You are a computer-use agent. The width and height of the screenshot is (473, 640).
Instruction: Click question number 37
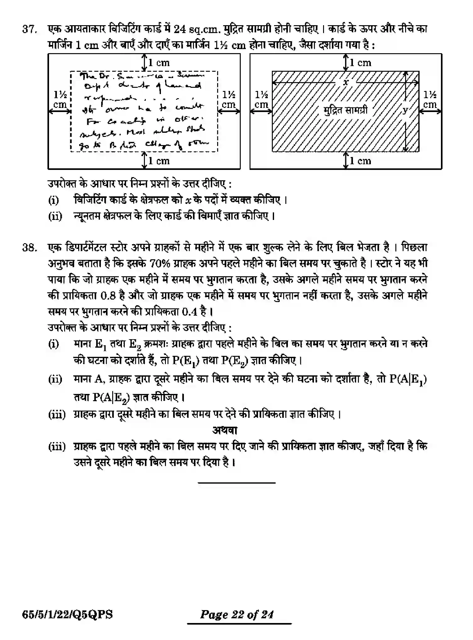(x=29, y=30)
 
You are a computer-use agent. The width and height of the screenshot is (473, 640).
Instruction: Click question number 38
(x=29, y=248)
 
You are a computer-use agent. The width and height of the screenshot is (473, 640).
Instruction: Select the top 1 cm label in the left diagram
(x=159, y=63)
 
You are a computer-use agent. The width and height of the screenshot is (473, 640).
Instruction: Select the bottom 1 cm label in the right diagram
(x=360, y=161)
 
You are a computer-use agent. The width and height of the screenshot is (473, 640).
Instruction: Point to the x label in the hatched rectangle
(x=346, y=82)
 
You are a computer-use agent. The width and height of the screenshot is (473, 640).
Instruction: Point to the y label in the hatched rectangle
(x=405, y=110)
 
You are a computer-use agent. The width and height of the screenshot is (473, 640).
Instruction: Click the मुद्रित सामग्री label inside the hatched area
(x=345, y=110)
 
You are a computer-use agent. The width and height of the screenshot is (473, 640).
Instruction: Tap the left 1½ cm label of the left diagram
(x=60, y=99)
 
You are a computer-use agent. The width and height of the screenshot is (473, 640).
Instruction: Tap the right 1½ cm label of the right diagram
(x=430, y=99)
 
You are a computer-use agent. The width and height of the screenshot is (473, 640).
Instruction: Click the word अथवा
(x=225, y=430)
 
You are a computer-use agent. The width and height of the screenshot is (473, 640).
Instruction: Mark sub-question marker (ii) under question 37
(x=55, y=216)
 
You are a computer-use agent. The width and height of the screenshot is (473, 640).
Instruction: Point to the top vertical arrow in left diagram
(x=144, y=63)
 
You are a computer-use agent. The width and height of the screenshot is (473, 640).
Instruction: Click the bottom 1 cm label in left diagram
(x=159, y=161)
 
